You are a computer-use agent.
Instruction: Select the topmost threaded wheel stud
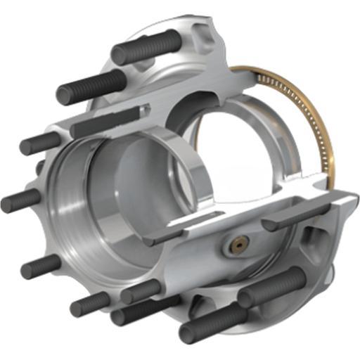pyautogui.click(x=146, y=47)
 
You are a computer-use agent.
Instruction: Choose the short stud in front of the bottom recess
pyautogui.click(x=141, y=291)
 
